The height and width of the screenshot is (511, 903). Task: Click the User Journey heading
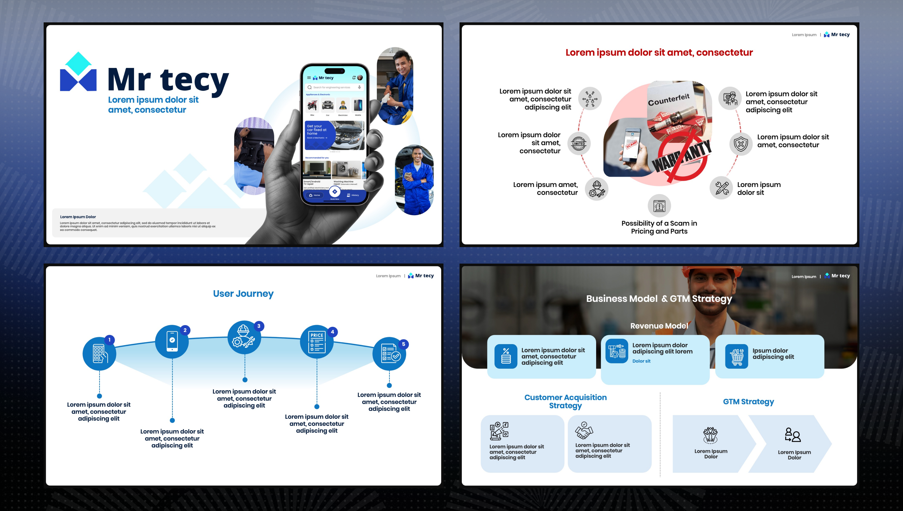coord(243,294)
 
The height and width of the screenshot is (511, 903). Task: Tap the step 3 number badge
coord(259,326)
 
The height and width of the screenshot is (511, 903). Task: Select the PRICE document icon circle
coord(316,342)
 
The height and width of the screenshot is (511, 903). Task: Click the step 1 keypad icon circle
coord(99,353)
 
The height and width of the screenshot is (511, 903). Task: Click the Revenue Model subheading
coord(659,326)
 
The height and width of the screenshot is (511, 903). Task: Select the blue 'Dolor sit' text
coord(641,361)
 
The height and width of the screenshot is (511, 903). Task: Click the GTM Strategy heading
coord(748,401)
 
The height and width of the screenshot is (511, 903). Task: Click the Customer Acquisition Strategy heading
coord(565,401)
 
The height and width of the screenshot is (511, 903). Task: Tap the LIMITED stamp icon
coord(579,143)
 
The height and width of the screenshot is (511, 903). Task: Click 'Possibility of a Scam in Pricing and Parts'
coord(659,227)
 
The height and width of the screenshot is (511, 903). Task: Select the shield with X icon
coord(741,144)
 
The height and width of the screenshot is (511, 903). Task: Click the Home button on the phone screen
coord(315,195)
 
